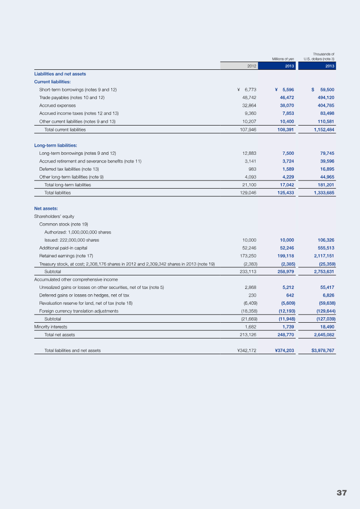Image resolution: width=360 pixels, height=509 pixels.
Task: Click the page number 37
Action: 342,493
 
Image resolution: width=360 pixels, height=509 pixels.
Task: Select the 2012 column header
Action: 252,66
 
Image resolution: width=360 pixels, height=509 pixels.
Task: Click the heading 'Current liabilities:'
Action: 52,81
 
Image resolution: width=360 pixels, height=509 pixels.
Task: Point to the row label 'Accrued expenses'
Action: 57,105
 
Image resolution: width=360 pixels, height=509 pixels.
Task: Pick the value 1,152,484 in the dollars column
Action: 320,129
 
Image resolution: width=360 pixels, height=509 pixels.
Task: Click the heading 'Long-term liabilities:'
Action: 55,145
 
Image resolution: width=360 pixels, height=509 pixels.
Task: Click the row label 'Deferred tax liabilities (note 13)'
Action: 69,169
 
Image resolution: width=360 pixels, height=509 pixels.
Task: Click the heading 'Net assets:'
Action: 46,208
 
